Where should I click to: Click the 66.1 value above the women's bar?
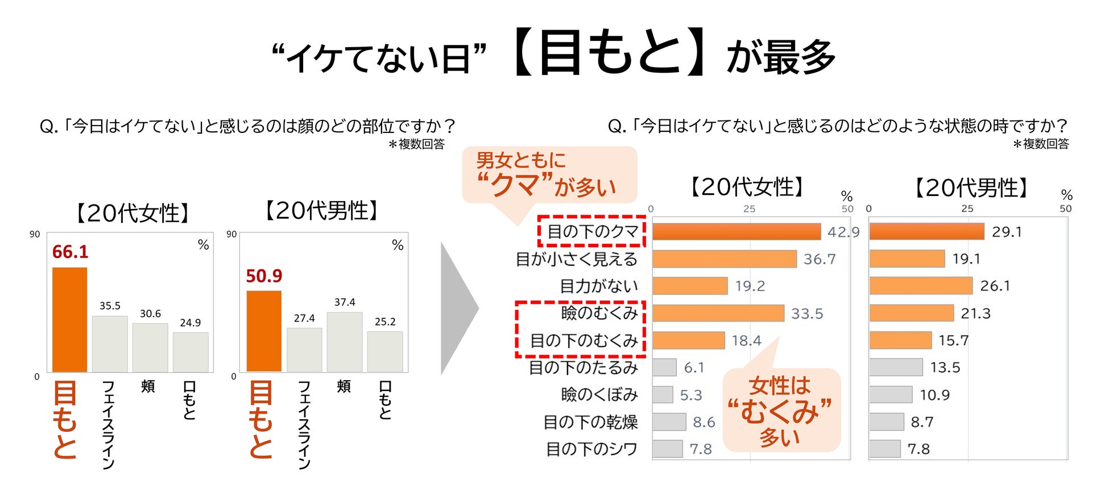[x=70, y=252]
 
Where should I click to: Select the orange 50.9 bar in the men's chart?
[x=263, y=331]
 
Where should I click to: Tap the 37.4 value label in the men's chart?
[x=345, y=302]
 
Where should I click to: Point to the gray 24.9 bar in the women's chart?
[x=191, y=352]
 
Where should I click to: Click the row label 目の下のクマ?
[x=593, y=231]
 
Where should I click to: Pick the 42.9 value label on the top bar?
[x=843, y=232]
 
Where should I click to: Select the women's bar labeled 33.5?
[x=718, y=313]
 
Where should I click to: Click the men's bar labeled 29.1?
[x=926, y=231]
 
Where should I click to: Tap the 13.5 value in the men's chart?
[x=945, y=368]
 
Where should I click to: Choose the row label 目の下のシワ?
[x=591, y=449]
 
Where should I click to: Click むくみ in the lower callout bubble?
[x=779, y=411]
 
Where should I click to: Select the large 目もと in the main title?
[x=610, y=53]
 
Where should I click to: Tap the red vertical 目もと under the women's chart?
[x=64, y=419]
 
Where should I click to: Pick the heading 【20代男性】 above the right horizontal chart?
[x=971, y=188]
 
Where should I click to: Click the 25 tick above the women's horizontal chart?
[x=750, y=209]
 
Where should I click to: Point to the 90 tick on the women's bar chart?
[x=35, y=234]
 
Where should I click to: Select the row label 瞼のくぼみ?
[x=599, y=395]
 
